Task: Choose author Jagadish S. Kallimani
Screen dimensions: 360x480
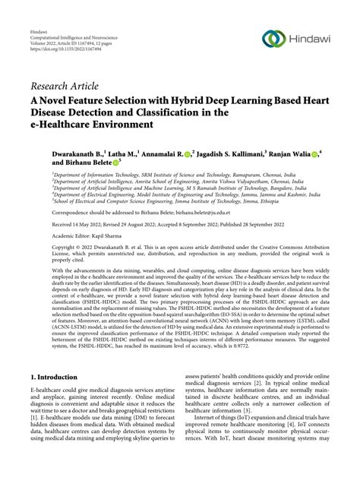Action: [242, 153]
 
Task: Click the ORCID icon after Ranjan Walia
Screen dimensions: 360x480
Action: [314, 153]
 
